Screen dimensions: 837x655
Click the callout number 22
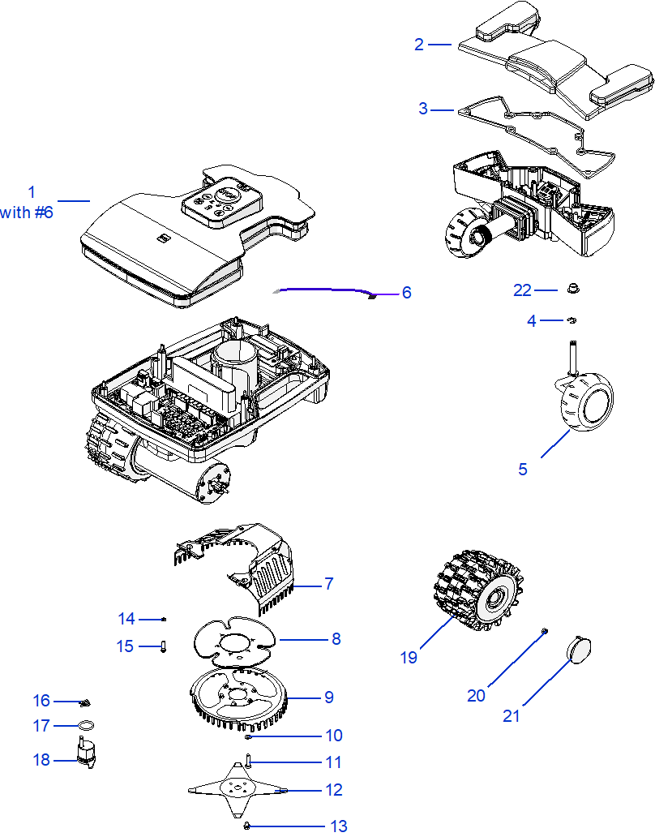coord(522,290)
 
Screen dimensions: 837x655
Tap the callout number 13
coord(338,826)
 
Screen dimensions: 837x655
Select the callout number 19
coord(409,657)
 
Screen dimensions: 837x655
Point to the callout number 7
coord(328,583)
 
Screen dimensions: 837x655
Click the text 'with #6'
coord(27,212)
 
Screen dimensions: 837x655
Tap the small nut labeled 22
coord(572,288)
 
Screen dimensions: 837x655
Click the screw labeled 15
coord(163,646)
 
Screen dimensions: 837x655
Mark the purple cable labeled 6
coord(324,290)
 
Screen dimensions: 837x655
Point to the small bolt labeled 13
coord(246,826)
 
